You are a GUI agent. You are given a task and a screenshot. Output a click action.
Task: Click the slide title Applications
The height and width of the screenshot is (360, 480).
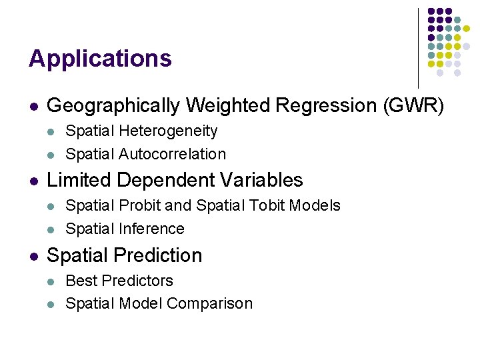click(100, 59)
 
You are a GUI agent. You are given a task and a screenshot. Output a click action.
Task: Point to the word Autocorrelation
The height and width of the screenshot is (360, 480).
click(173, 154)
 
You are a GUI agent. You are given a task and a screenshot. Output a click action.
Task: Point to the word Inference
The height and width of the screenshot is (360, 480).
click(152, 229)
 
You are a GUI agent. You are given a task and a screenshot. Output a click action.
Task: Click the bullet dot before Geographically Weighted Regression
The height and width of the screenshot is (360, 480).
click(33, 106)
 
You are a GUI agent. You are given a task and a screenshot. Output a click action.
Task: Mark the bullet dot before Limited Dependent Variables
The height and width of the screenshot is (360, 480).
click(33, 181)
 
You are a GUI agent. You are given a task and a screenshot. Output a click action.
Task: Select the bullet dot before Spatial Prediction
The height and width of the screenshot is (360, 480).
click(33, 256)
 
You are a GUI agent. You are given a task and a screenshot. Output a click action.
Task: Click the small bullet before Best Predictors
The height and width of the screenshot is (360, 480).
click(53, 281)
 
